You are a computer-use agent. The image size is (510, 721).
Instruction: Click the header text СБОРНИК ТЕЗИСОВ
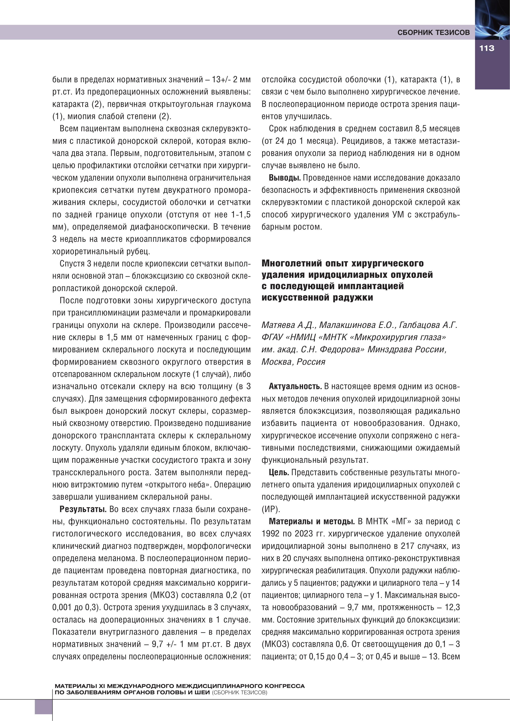click(x=434, y=32)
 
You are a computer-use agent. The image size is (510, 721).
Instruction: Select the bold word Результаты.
click(x=83, y=509)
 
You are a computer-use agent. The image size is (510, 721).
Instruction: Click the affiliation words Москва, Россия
click(x=293, y=362)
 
